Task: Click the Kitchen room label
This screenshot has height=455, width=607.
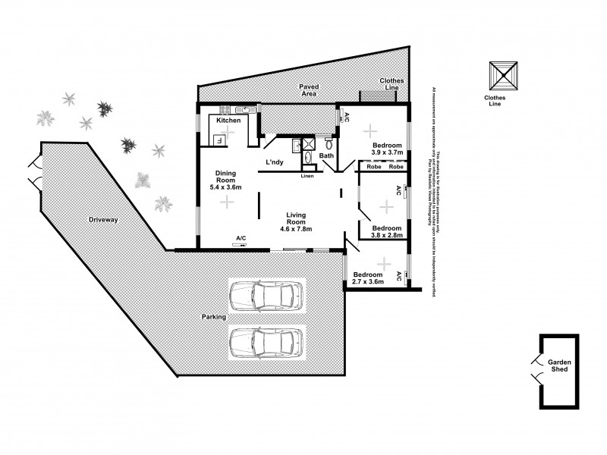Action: tap(228, 121)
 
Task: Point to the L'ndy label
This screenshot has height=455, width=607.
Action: tap(274, 162)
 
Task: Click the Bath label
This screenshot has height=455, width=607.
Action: tap(326, 156)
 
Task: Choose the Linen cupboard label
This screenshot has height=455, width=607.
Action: tap(307, 177)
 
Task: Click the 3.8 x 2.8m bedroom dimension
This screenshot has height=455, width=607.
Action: tap(385, 235)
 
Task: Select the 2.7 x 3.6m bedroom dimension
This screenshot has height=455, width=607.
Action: tap(368, 281)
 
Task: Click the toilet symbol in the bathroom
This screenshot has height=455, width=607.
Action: tap(329, 143)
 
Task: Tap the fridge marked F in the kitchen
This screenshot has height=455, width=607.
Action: tap(219, 140)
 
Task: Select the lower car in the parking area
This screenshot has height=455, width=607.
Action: tap(268, 342)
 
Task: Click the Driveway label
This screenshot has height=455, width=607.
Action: tap(103, 220)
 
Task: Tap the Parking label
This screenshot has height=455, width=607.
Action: tap(214, 316)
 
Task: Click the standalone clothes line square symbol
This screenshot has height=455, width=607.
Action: tap(501, 75)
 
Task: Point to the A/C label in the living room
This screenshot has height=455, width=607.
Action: tap(241, 238)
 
